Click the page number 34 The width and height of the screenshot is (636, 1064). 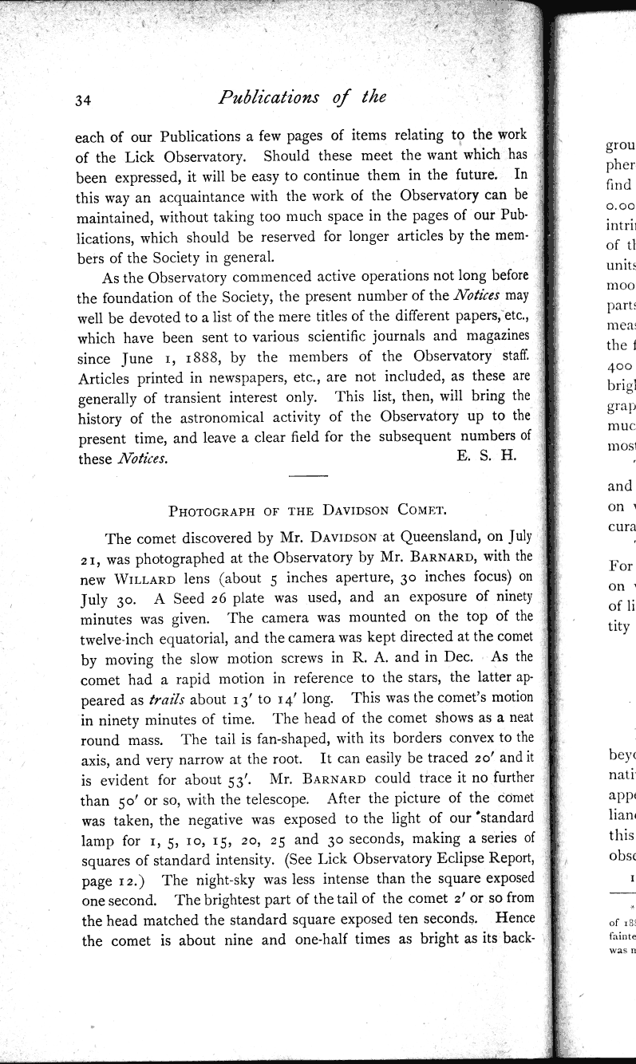tap(84, 100)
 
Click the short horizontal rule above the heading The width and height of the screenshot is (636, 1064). tap(308, 477)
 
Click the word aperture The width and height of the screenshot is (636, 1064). tap(346, 577)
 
